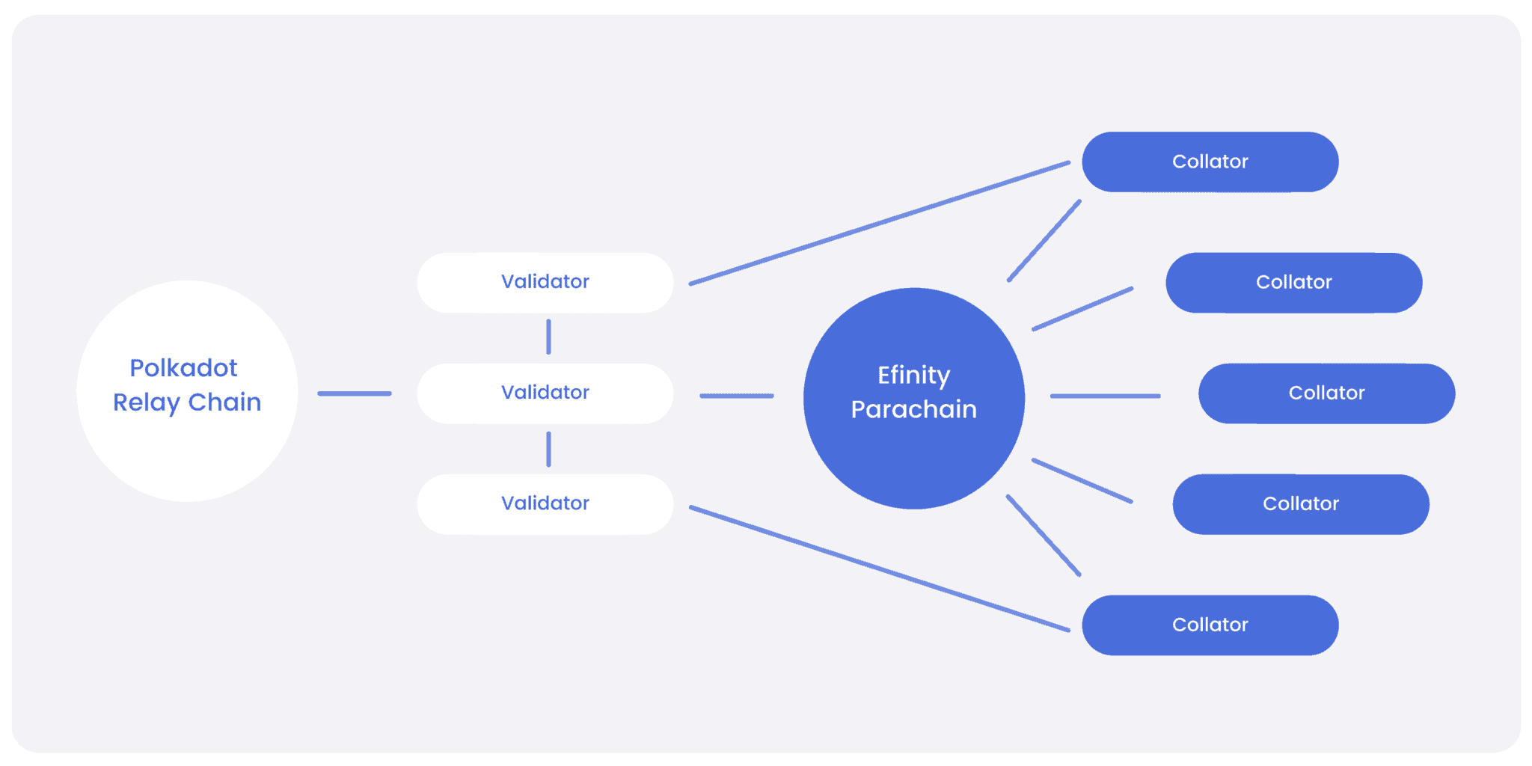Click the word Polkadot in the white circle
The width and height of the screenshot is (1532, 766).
pyautogui.click(x=183, y=368)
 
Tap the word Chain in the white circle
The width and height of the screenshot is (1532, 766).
pyautogui.click(x=224, y=402)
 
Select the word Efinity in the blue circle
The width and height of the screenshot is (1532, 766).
pyautogui.click(x=913, y=376)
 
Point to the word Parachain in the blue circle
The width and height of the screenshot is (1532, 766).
pyautogui.click(x=913, y=409)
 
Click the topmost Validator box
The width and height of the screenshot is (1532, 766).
pyautogui.click(x=545, y=283)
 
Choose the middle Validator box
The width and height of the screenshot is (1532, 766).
pyautogui.click(x=545, y=393)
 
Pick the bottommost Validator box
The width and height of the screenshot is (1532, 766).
pyautogui.click(x=545, y=504)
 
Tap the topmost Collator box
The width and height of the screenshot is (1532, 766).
pyautogui.click(x=1210, y=162)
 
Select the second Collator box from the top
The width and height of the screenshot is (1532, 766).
pyautogui.click(x=1294, y=283)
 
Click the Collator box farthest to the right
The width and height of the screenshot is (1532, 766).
pyautogui.click(x=1327, y=393)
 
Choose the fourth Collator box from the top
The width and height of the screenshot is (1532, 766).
pyautogui.click(x=1301, y=504)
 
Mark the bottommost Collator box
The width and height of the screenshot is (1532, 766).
pyautogui.click(x=1210, y=625)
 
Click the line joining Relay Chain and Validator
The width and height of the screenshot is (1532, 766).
pyautogui.click(x=355, y=393)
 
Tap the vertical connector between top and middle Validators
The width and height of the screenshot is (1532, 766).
pyautogui.click(x=548, y=337)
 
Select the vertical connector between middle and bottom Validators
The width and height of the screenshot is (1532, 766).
pyautogui.click(x=548, y=449)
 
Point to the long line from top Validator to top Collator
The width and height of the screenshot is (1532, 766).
pyautogui.click(x=880, y=223)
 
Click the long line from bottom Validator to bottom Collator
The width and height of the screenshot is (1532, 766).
pyautogui.click(x=880, y=569)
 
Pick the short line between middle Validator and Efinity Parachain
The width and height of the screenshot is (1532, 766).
pyautogui.click(x=737, y=396)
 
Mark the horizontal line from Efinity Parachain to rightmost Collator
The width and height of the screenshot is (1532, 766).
pyautogui.click(x=1106, y=396)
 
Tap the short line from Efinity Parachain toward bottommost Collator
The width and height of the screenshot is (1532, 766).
pyautogui.click(x=1044, y=536)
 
